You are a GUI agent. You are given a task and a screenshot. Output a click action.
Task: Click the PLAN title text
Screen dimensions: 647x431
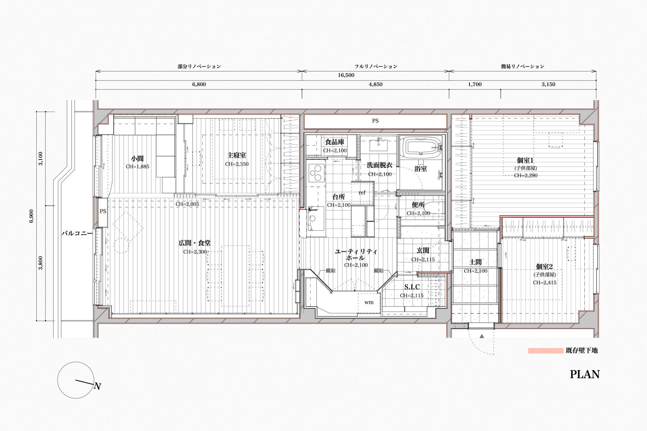point(584,374)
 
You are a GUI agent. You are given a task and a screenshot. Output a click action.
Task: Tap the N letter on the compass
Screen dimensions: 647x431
point(98,386)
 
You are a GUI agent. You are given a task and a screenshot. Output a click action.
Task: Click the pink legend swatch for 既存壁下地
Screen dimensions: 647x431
point(546,350)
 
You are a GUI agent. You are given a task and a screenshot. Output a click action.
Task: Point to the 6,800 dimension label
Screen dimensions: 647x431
point(199,84)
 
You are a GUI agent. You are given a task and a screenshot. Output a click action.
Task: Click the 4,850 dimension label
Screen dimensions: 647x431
point(375,84)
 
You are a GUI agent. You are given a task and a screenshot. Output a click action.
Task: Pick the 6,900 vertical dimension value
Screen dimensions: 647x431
point(31,216)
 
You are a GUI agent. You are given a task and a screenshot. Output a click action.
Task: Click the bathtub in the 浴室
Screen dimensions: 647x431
point(422,147)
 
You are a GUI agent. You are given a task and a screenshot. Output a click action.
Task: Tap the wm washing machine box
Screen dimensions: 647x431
point(369,302)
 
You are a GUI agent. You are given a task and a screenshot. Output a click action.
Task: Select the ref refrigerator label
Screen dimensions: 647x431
point(362,192)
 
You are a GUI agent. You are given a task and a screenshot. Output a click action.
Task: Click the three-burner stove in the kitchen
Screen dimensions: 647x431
point(316,174)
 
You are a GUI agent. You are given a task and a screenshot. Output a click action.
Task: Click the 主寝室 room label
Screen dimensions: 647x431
point(237,155)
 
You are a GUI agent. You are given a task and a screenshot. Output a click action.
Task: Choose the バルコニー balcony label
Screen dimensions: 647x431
point(77,234)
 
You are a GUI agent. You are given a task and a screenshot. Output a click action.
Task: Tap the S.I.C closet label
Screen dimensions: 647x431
point(412,287)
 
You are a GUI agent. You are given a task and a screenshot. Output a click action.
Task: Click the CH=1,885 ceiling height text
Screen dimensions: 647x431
point(137,166)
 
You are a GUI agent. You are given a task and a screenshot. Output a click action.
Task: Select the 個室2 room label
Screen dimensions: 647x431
point(544,267)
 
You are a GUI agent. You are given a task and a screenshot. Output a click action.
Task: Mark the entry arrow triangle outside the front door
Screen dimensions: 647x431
point(482,337)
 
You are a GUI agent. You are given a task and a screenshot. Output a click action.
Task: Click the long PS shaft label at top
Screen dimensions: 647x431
point(375,121)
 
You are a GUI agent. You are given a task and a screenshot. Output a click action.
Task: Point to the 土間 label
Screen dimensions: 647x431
point(475,262)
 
